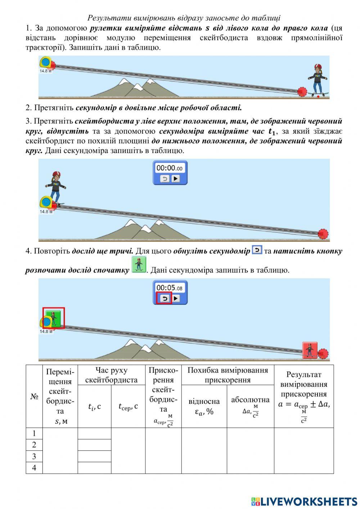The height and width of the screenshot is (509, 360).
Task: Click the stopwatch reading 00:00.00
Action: point(170,168)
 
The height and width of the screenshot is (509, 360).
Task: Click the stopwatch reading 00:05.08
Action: point(170,288)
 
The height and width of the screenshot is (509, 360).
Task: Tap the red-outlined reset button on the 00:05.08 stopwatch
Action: point(165,298)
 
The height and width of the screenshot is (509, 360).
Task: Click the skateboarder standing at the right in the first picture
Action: point(318,80)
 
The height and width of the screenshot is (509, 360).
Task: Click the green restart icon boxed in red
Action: point(54,318)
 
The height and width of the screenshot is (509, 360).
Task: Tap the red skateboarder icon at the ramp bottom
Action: point(310,350)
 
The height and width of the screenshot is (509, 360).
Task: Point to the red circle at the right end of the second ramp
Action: point(323,234)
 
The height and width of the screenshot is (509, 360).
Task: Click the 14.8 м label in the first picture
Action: point(46,71)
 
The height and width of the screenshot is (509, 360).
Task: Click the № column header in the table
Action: point(34,396)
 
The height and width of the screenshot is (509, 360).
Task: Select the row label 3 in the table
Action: point(34,456)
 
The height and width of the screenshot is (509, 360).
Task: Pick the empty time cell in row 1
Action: point(94,434)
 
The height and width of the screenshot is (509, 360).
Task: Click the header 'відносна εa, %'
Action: point(204,406)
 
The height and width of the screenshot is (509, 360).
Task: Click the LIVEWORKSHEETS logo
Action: point(304,501)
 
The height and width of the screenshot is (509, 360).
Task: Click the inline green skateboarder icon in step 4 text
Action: point(139,265)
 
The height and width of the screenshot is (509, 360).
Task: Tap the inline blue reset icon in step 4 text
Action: point(257,250)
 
